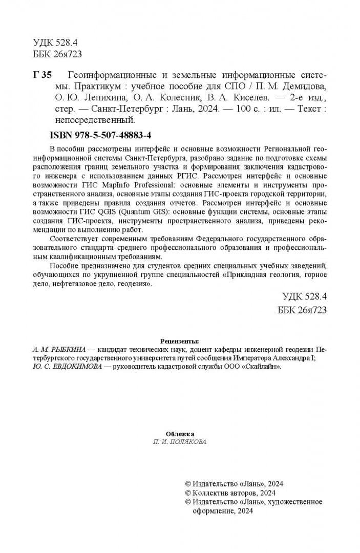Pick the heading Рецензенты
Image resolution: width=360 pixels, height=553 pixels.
click(x=179, y=341)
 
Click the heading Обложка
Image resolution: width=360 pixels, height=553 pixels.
click(x=180, y=433)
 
